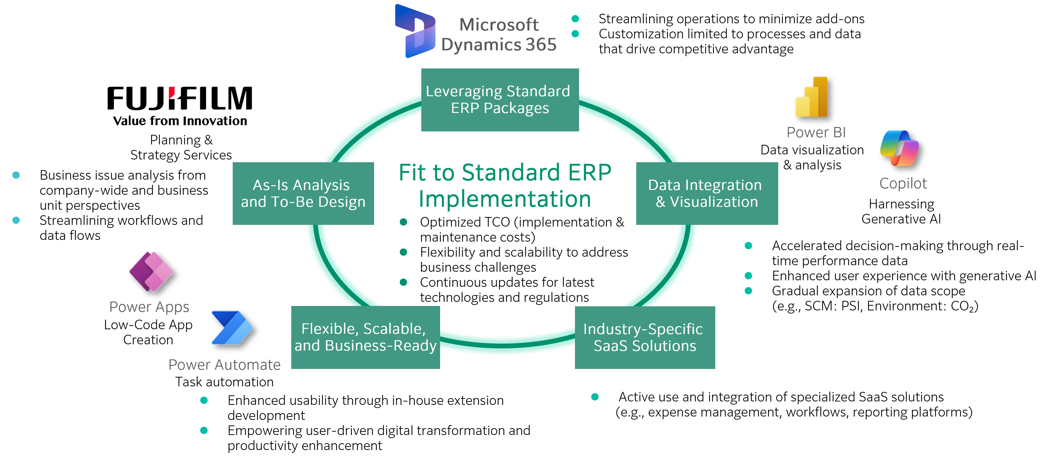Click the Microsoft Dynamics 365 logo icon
[414, 30]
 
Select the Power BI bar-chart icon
[811, 97]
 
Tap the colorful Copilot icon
[899, 148]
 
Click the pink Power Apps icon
[151, 271]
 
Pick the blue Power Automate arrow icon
[232, 328]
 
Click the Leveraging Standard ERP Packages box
[500, 100]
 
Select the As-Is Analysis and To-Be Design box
[303, 193]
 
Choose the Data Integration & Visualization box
[707, 193]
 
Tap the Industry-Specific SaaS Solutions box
[645, 337]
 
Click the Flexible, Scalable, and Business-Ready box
[366, 337]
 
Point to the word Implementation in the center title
[505, 200]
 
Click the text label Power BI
[816, 132]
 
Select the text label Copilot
[903, 183]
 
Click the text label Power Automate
[225, 365]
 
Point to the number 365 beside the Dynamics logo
[541, 44]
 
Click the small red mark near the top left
[172, 92]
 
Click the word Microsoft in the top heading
[499, 25]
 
